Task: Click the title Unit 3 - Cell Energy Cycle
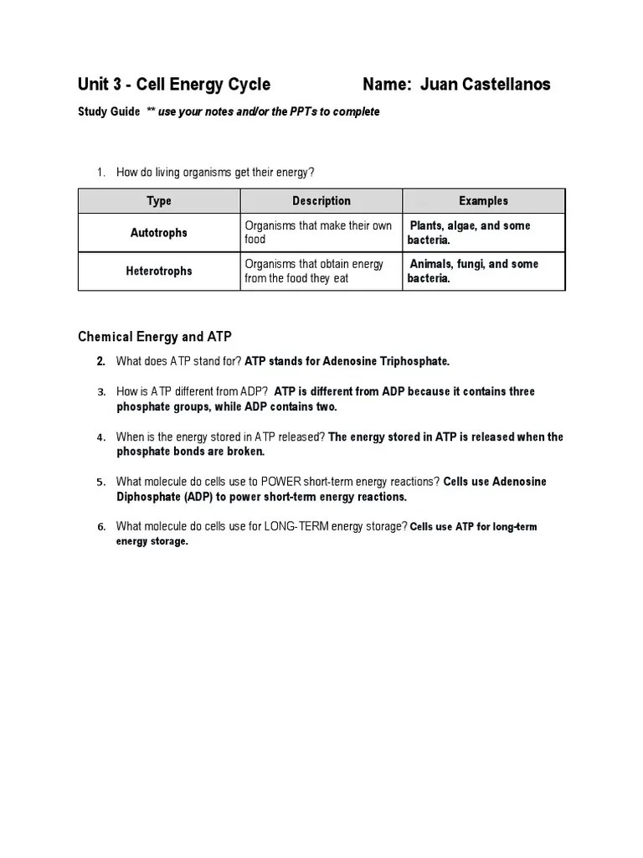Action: [x=174, y=84]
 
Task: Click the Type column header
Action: [x=159, y=201]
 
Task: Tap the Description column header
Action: [x=321, y=201]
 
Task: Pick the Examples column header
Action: [x=483, y=201]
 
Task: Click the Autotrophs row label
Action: [x=159, y=233]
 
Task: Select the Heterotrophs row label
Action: [x=159, y=271]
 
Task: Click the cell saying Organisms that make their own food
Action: [x=318, y=233]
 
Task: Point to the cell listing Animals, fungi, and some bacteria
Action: [x=473, y=271]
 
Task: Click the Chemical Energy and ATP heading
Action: [x=155, y=337]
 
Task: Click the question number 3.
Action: [x=100, y=392]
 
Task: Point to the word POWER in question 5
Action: [x=285, y=482]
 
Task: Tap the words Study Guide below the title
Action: [x=109, y=111]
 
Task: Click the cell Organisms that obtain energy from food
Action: [x=314, y=271]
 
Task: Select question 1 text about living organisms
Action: [x=215, y=173]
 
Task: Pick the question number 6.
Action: [x=100, y=527]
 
